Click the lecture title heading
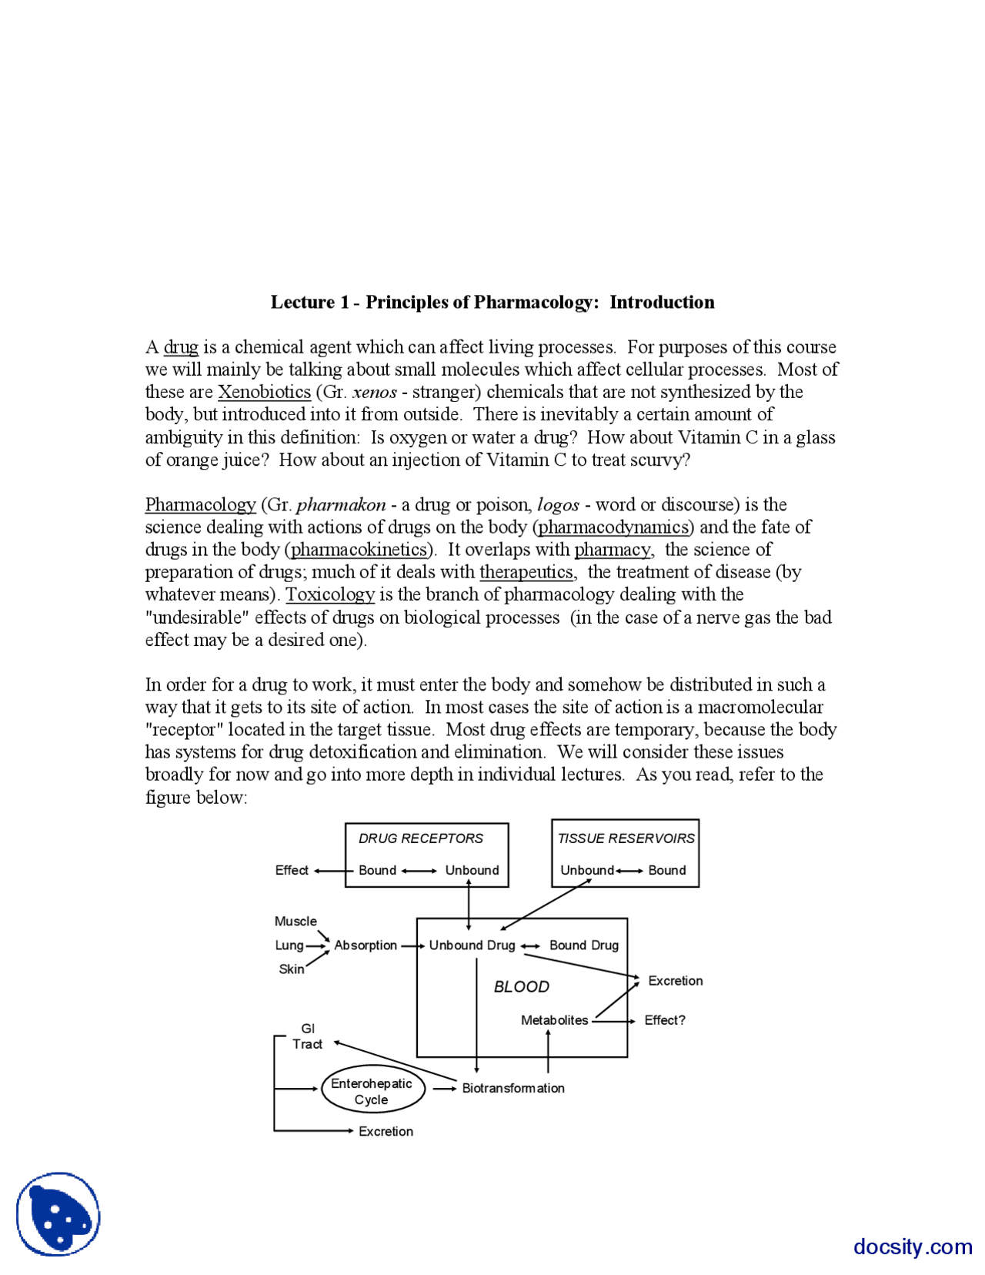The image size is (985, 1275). pyautogui.click(x=492, y=303)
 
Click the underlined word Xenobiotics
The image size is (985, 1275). pyautogui.click(x=264, y=392)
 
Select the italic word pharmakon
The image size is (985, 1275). pyautogui.click(x=341, y=505)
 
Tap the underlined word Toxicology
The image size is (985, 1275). pyautogui.click(x=330, y=594)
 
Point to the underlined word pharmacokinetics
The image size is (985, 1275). pyautogui.click(x=359, y=550)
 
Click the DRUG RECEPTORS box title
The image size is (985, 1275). pyautogui.click(x=421, y=838)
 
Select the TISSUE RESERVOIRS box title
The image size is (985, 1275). pyautogui.click(x=626, y=838)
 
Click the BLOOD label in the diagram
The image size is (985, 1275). pyautogui.click(x=521, y=987)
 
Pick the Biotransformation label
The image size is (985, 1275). pyautogui.click(x=513, y=1088)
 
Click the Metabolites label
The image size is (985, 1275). pyautogui.click(x=554, y=1020)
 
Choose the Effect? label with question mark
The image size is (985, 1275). pyautogui.click(x=664, y=1020)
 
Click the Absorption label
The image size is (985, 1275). pyautogui.click(x=366, y=945)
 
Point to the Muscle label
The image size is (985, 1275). pyautogui.click(x=295, y=922)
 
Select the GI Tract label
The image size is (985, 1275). pyautogui.click(x=307, y=1036)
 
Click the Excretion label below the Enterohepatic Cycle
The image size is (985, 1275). pyautogui.click(x=386, y=1131)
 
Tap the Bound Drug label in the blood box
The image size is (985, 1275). pyautogui.click(x=583, y=945)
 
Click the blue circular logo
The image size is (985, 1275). pyautogui.click(x=58, y=1214)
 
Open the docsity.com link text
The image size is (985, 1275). pyautogui.click(x=913, y=1247)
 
